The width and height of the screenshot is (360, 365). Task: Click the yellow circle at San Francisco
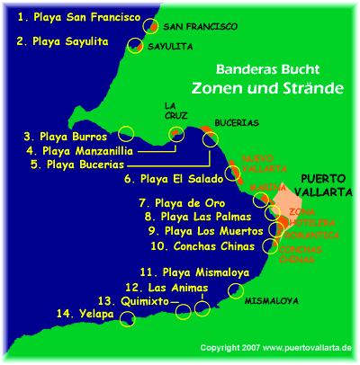150,26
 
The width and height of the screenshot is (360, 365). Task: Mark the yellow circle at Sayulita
136,45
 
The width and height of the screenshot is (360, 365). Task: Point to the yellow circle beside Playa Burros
126,133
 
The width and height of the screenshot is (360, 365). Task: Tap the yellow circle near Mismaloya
237,290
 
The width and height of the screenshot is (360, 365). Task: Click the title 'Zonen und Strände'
255,89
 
